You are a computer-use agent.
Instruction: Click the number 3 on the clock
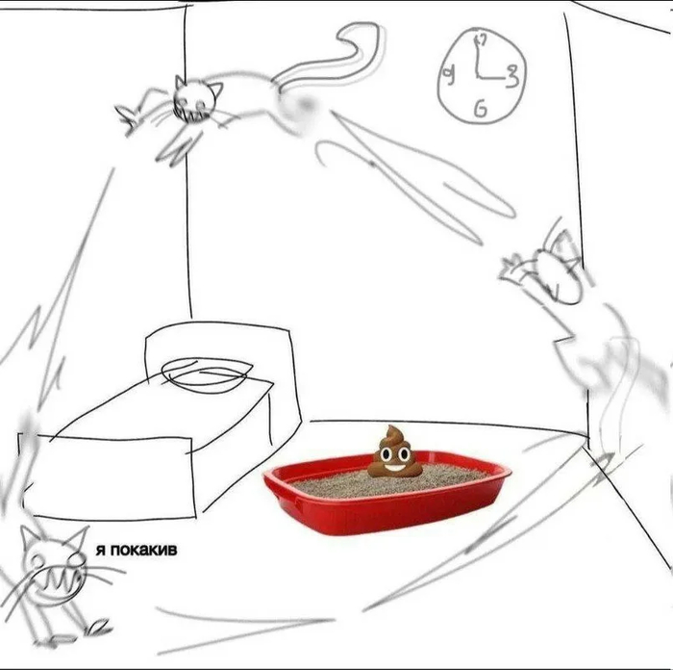point(511,76)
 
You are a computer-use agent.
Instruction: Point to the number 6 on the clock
point(481,109)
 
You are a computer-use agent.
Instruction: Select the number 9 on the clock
point(449,76)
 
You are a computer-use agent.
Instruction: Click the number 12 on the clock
point(480,39)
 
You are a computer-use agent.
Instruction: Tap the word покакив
point(143,550)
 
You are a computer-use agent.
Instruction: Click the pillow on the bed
point(206,372)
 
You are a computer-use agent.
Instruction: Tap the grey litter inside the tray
point(386,481)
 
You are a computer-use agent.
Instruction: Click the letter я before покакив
point(100,551)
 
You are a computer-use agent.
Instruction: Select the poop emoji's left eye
point(384,453)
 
